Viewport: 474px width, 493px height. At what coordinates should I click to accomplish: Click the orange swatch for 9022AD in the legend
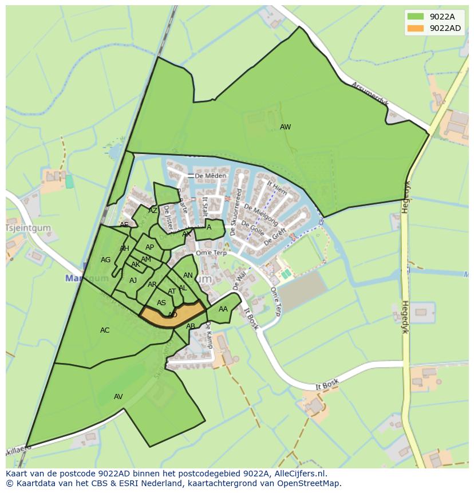pos(416,28)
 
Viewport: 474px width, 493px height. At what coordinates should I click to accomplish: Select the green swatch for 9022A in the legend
pos(416,17)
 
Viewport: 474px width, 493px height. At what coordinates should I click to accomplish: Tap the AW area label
pos(285,127)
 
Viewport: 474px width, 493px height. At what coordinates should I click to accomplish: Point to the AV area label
pos(118,397)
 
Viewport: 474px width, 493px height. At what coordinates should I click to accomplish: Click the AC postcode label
pos(105,330)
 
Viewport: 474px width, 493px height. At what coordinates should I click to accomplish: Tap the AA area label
pos(223,309)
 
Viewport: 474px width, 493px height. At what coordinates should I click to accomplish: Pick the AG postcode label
pos(105,260)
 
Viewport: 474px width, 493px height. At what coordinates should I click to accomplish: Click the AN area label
pos(188,275)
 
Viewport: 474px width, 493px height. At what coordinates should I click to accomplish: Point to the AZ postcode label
pos(153,211)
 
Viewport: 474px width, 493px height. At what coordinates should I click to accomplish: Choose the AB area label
pos(191,326)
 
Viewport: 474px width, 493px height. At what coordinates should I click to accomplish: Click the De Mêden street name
pos(207,176)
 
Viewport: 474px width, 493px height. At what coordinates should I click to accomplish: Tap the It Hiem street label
pos(278,188)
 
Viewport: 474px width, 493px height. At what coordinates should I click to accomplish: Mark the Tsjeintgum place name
pos(27,228)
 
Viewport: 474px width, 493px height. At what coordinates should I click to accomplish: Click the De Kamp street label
pos(208,335)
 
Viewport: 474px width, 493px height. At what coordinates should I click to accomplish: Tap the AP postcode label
pos(149,247)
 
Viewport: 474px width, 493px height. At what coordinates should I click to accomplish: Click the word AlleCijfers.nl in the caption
pos(298,474)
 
